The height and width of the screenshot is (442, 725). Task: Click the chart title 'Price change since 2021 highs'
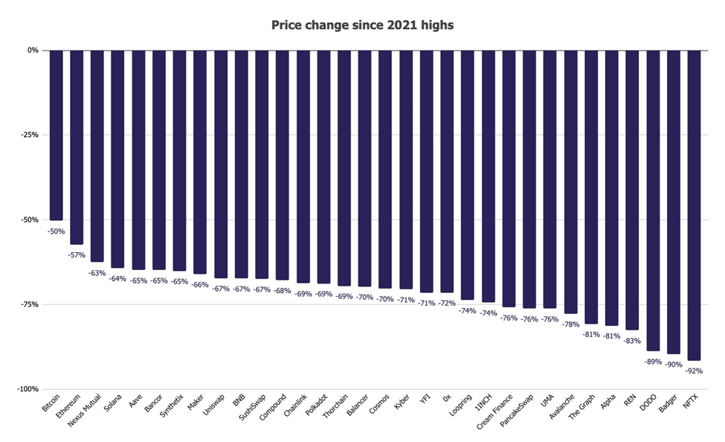click(x=362, y=25)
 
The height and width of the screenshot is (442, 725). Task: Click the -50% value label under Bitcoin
click(x=56, y=231)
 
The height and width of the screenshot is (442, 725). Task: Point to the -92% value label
click(x=694, y=371)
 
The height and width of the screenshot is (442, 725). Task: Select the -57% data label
click(x=77, y=255)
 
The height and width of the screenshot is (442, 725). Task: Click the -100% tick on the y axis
click(x=28, y=389)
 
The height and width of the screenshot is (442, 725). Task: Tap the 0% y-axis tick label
click(x=33, y=51)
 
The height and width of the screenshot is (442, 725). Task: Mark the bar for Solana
click(x=117, y=159)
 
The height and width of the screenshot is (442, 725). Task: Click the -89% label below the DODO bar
click(x=653, y=361)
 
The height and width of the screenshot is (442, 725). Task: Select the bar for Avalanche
click(x=570, y=182)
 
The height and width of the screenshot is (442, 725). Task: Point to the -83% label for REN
click(x=632, y=340)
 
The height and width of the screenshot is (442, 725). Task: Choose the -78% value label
click(x=570, y=324)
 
